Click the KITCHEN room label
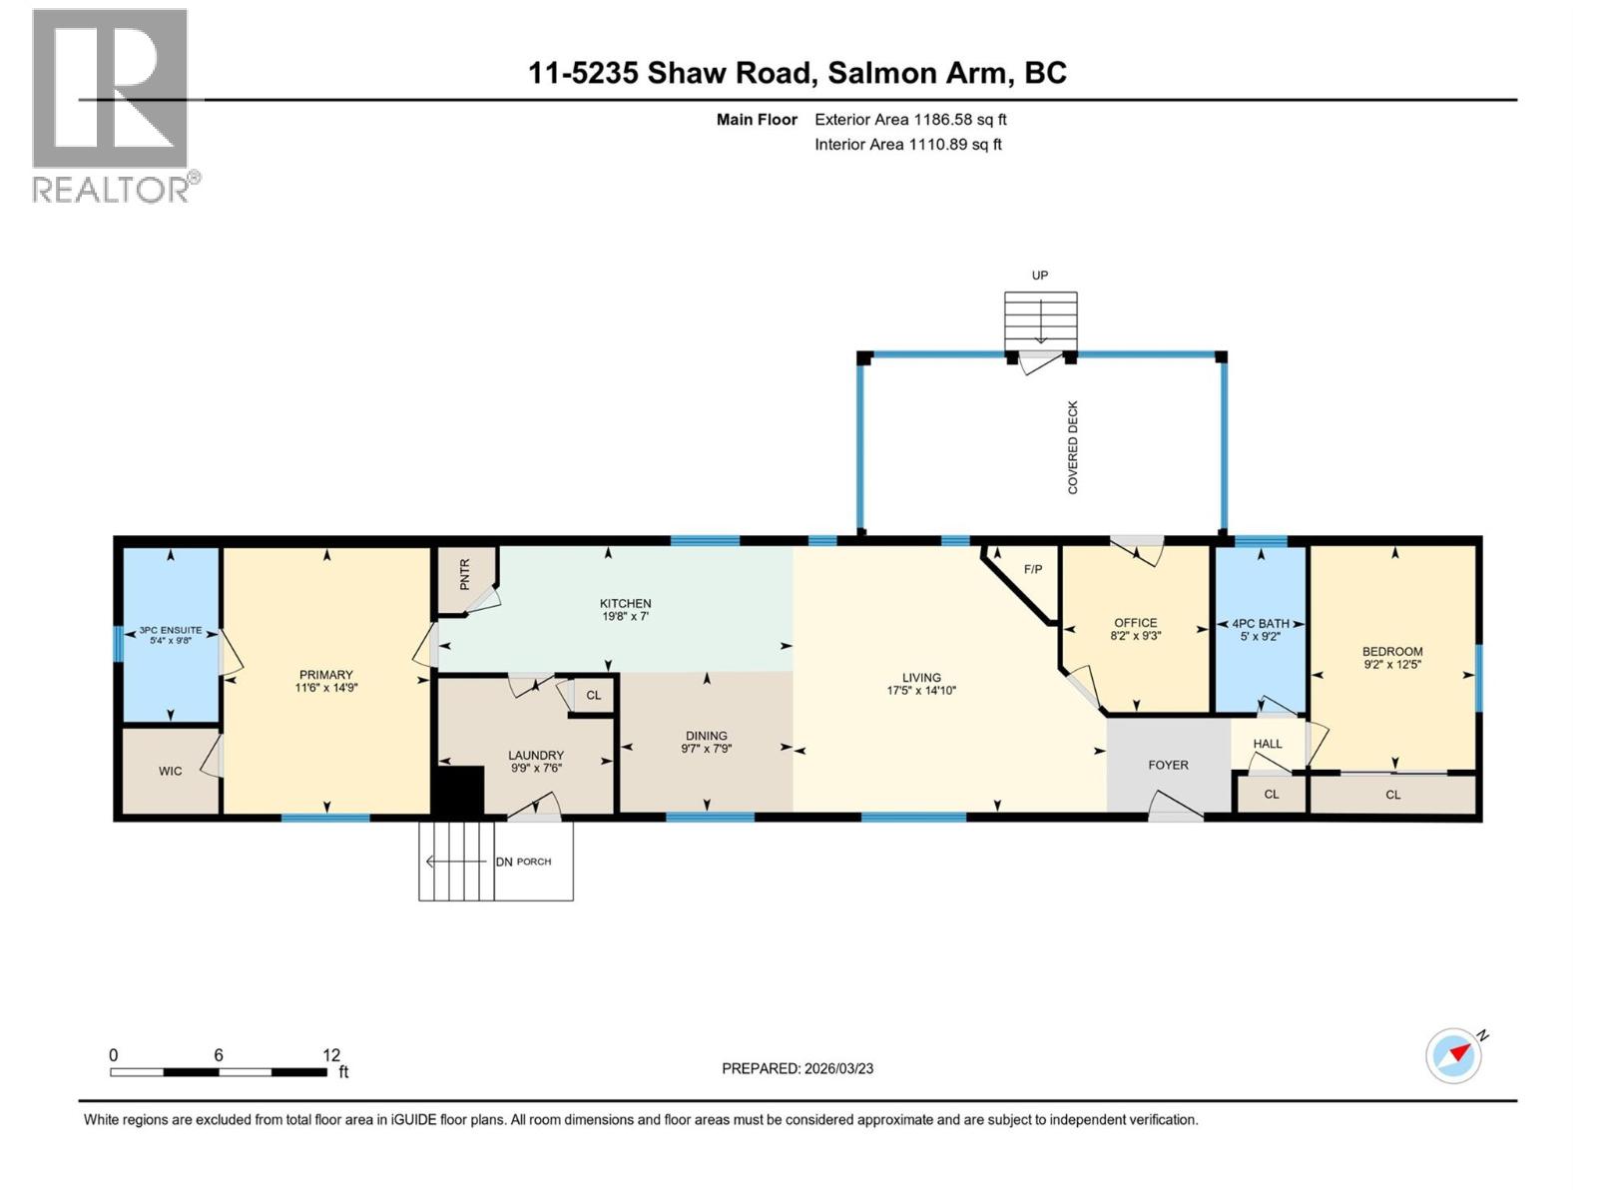[625, 603]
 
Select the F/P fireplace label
[1033, 569]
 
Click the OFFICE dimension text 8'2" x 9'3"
[1136, 636]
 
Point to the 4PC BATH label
[1260, 623]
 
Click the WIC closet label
[171, 771]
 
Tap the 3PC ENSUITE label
[171, 630]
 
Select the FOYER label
[1168, 765]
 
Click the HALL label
[1268, 744]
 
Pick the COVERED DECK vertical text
[1073, 447]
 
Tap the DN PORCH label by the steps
[523, 862]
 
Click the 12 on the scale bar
[331, 1055]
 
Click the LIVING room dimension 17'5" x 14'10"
[921, 690]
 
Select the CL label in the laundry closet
[594, 695]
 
